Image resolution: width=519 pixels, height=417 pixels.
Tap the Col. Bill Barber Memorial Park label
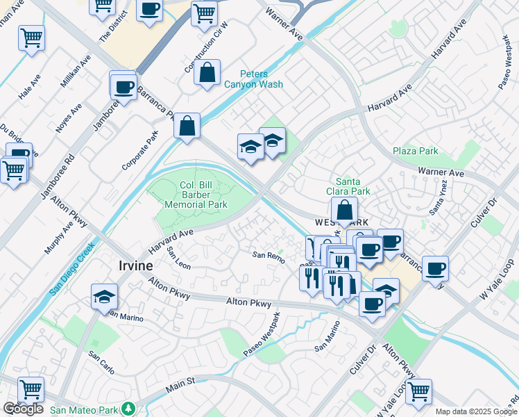pos(196,195)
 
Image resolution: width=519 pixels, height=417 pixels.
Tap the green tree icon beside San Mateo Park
pos(128,408)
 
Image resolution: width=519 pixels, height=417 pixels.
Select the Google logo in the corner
pos(23,409)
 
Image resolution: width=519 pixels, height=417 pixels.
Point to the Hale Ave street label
pos(30,87)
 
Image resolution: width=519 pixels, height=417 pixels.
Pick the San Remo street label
pos(268,256)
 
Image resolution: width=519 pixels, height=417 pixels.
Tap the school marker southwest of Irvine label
pos(104,297)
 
